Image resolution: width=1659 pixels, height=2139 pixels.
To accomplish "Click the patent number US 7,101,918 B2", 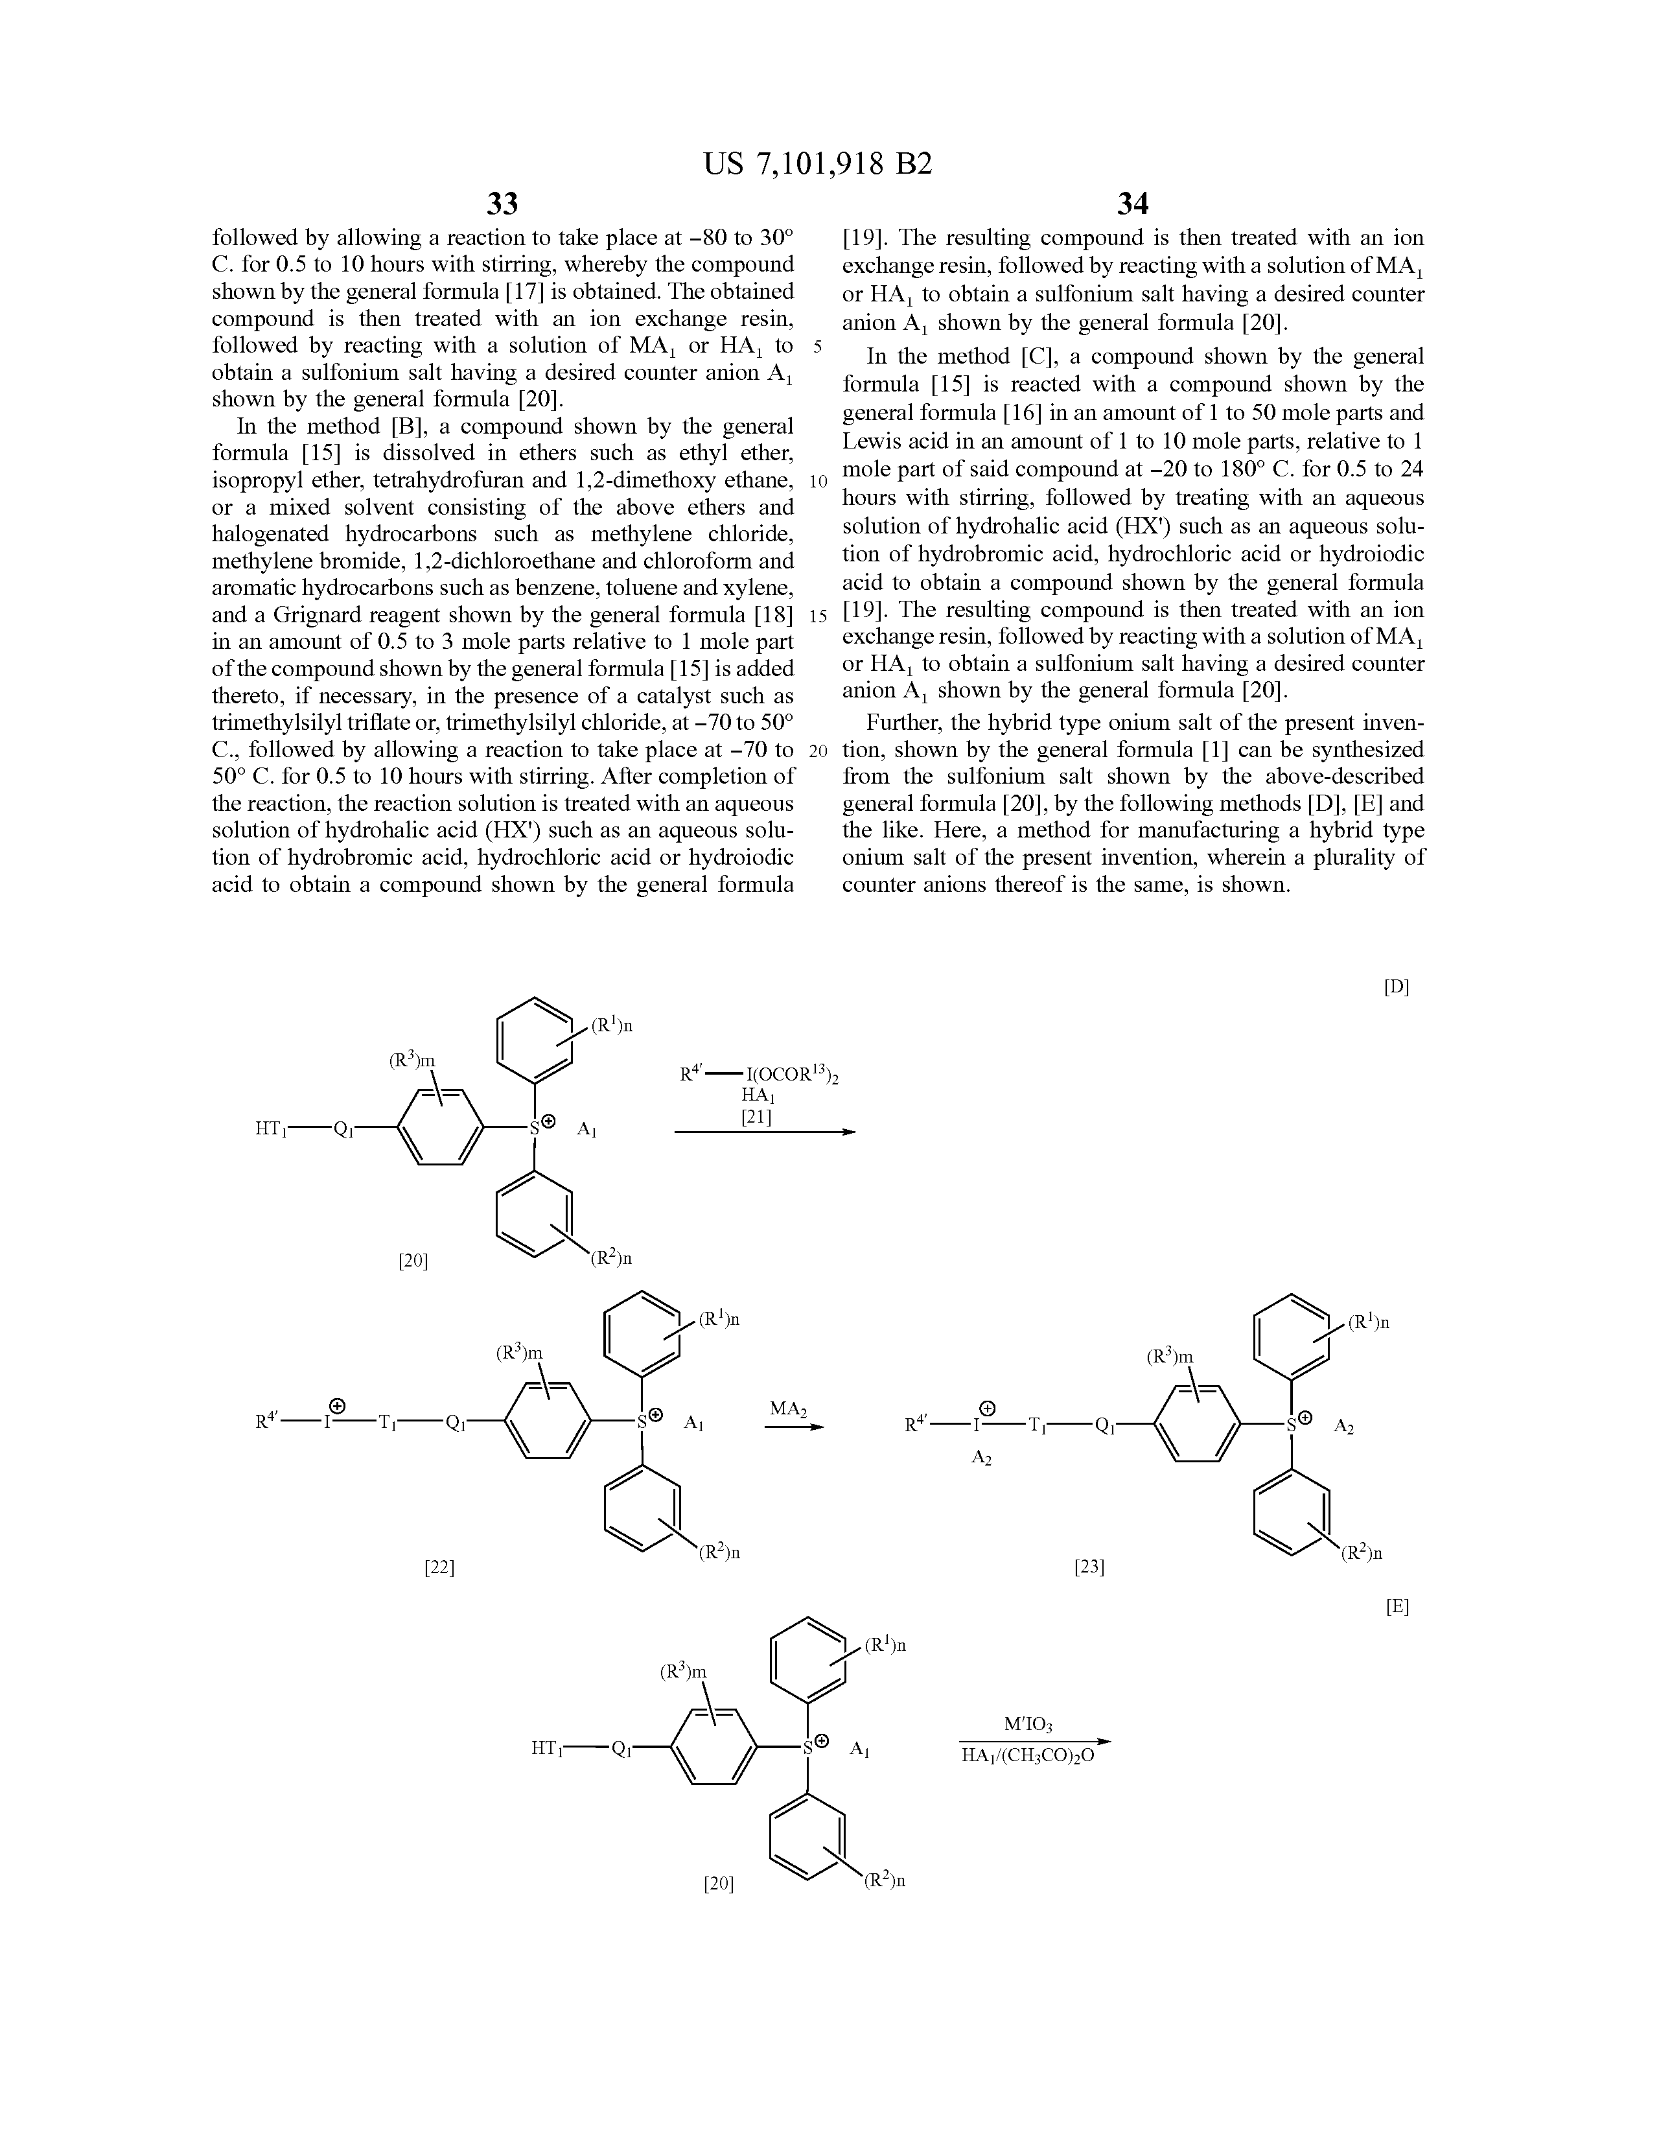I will coord(818,163).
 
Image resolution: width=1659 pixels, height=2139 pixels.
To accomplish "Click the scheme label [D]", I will coord(1395,987).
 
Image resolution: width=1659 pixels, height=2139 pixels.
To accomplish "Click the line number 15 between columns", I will coord(818,616).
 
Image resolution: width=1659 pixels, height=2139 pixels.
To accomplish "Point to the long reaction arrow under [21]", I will coord(764,1132).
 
